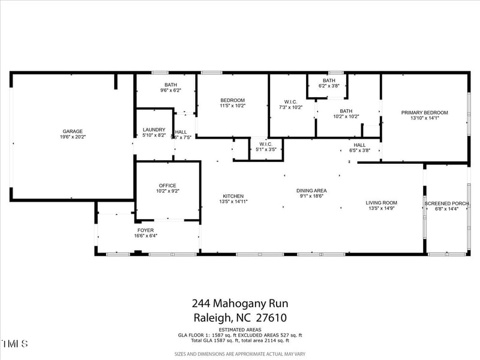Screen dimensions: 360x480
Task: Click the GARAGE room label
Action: coord(73,131)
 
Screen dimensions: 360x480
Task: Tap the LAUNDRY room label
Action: coord(154,130)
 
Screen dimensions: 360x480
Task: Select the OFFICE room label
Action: coord(167,185)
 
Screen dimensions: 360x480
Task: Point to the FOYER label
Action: coord(146,230)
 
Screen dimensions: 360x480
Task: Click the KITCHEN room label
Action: coord(233,196)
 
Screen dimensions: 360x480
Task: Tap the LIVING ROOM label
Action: coord(382,203)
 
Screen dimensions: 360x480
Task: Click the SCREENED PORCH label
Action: coord(446,203)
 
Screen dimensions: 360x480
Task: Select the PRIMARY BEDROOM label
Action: coord(425,112)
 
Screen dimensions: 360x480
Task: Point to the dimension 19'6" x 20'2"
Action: coord(73,137)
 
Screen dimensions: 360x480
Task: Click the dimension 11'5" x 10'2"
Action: coord(232,106)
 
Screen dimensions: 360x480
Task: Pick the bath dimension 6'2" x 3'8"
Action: coord(329,86)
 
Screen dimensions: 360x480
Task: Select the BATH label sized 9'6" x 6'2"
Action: coord(170,85)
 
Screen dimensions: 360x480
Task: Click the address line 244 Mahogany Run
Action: coord(239,304)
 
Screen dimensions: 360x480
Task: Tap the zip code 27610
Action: coord(272,318)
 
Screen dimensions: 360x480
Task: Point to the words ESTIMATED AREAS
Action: coord(239,330)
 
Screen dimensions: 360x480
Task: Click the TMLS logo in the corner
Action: coord(15,344)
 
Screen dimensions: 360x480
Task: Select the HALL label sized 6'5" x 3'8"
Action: coord(359,145)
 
